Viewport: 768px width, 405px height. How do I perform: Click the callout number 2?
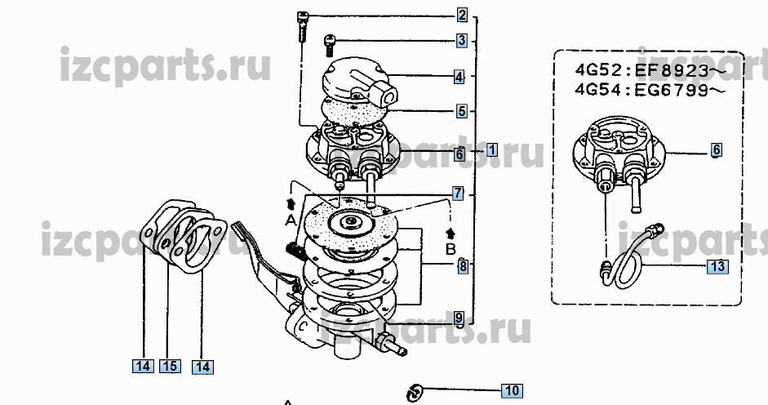[461, 15]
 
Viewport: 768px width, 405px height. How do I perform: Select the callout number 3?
[461, 39]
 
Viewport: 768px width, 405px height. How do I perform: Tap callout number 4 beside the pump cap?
[460, 77]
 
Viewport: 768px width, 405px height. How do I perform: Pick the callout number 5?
[461, 110]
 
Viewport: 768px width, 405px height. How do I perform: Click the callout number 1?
[492, 151]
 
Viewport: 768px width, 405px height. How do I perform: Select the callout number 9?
[459, 318]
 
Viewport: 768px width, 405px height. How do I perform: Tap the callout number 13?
[716, 266]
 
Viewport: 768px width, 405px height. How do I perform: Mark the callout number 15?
[169, 367]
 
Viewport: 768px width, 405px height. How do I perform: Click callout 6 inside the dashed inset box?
[716, 150]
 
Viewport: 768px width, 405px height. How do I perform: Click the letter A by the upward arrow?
[289, 220]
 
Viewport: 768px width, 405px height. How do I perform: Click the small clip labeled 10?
[415, 391]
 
